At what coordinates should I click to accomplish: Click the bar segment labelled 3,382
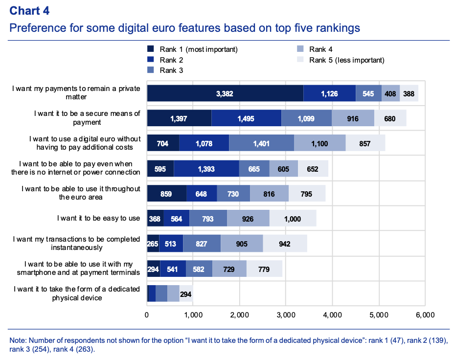(225, 93)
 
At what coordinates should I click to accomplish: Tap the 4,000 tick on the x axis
(332, 315)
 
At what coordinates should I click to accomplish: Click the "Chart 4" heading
(29, 11)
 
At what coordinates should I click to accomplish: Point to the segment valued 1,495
(246, 118)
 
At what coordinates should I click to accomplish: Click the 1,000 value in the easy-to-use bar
(293, 219)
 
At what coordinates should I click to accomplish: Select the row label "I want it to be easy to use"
(98, 218)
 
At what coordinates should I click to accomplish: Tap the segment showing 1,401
(261, 143)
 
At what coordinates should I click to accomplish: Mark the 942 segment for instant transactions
(285, 244)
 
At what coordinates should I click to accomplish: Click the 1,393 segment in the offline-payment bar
(206, 168)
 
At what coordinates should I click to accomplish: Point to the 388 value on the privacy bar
(409, 93)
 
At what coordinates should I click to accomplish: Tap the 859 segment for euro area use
(166, 193)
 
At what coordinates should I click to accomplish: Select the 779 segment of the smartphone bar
(264, 269)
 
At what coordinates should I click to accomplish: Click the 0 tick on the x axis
(147, 315)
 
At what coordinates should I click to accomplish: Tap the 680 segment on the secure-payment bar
(390, 118)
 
